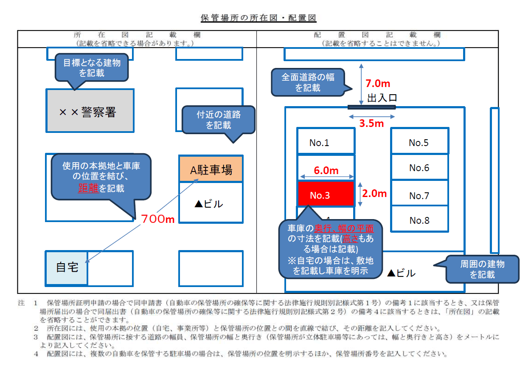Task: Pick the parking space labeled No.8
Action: click(x=419, y=220)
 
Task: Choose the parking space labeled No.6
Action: click(x=419, y=167)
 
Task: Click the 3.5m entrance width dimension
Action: click(x=371, y=124)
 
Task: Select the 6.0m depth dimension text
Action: click(x=326, y=170)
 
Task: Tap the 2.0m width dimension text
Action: click(x=374, y=193)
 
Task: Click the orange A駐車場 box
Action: click(x=211, y=169)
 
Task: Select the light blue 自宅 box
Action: click(x=67, y=268)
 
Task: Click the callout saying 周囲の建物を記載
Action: click(x=482, y=269)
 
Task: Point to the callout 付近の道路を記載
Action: click(x=218, y=120)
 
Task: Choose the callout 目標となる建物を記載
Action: click(x=92, y=68)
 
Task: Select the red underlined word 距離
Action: click(x=88, y=188)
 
